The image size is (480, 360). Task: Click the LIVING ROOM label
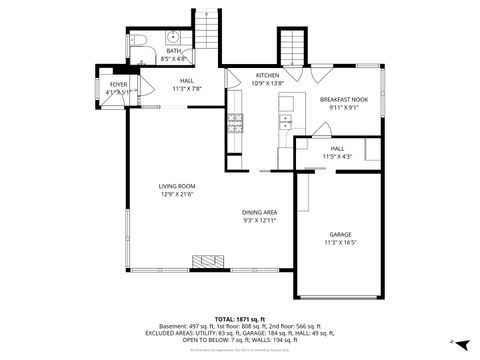[177, 186]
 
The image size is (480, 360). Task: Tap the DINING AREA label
[259, 212]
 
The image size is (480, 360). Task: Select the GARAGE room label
[339, 234]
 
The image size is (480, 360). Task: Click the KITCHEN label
[267, 76]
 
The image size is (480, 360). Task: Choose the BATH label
[173, 51]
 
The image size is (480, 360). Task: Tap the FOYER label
[118, 85]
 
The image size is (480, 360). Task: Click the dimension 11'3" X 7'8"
[186, 88]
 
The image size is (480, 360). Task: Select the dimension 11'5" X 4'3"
[338, 156]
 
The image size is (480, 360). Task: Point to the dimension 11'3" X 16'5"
[339, 242]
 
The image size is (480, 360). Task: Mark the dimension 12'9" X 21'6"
[177, 194]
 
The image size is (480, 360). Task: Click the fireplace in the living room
[204, 264]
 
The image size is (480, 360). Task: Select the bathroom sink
[172, 38]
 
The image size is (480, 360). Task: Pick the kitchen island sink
[285, 122]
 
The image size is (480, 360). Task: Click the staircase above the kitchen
[290, 47]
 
